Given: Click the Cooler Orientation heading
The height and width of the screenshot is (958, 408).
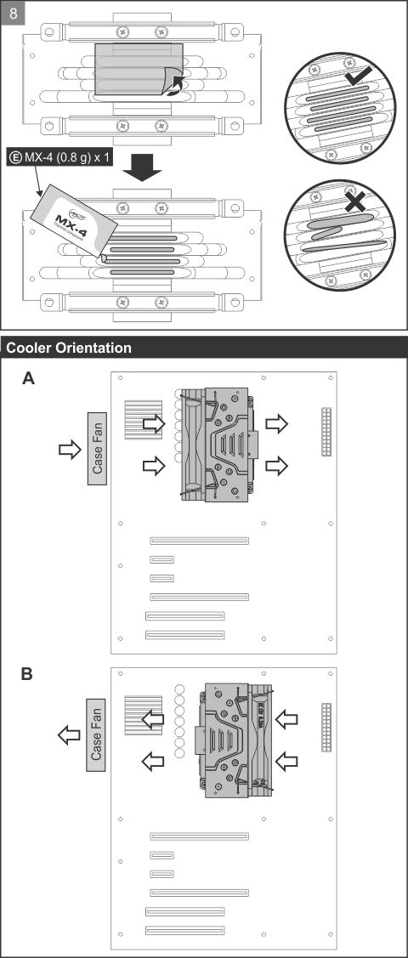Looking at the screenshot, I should (69, 348).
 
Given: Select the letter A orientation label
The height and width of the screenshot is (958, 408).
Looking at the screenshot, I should (29, 380).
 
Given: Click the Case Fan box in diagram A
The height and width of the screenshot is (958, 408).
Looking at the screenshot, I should (98, 450).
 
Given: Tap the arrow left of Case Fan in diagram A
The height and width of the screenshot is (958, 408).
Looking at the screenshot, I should (67, 449).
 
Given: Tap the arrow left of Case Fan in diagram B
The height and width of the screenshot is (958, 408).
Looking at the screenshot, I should (67, 734).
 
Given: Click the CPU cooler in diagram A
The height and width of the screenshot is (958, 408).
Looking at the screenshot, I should (216, 443).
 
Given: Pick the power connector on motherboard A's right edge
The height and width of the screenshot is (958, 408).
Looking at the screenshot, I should (326, 432).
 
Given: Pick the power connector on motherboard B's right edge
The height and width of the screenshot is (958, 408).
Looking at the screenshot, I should (326, 728).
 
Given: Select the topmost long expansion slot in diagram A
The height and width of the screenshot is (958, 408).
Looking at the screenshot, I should (200, 541).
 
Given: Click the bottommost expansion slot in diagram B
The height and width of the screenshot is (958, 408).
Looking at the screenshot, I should (185, 929).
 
